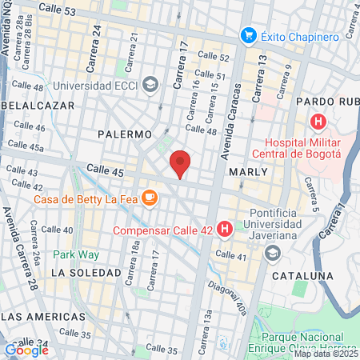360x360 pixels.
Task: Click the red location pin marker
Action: tap(181, 164)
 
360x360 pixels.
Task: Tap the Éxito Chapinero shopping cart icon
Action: tap(249, 35)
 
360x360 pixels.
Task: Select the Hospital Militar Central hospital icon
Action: tap(318, 123)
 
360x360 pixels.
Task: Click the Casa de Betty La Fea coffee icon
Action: tap(149, 198)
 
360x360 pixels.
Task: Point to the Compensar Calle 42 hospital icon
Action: tap(225, 230)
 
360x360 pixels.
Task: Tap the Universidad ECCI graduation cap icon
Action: tap(150, 85)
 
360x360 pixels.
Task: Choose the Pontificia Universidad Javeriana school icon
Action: tap(272, 253)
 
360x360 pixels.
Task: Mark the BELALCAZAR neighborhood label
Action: tap(38, 105)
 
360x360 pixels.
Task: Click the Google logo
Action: tap(26, 349)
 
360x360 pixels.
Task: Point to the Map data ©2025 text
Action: tap(326, 354)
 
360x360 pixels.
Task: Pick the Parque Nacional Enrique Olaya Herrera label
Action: tap(305, 342)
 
